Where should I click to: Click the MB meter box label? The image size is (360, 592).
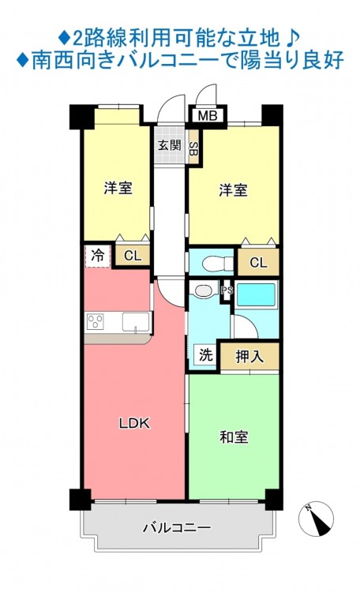[x=208, y=115]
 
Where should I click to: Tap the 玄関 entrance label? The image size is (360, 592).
[x=169, y=145]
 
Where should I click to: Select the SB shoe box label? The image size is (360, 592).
[x=193, y=147]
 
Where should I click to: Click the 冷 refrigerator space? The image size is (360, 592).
[x=97, y=257]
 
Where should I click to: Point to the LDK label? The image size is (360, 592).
[x=134, y=423]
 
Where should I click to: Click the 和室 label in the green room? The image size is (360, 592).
[x=234, y=437]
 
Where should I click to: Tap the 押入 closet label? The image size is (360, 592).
[x=249, y=356]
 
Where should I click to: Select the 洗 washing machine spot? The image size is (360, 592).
[x=206, y=355]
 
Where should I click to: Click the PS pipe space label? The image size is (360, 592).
[x=227, y=290]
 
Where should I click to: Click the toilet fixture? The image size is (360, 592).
[x=218, y=264]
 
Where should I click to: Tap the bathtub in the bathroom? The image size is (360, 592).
[x=256, y=294]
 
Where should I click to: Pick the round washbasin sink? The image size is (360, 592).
[x=204, y=290]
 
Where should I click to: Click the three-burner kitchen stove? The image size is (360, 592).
[x=95, y=322]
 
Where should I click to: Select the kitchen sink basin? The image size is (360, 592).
[x=136, y=322]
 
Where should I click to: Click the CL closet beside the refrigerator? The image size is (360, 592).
[x=132, y=256]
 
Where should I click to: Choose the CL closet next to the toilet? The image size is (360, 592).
[x=258, y=262]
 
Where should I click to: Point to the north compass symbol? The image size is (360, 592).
[x=316, y=519]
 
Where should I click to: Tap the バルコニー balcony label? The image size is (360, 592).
[x=177, y=527]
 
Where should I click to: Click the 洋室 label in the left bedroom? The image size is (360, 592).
[x=118, y=188]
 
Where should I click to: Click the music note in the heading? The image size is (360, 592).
[x=292, y=38]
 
